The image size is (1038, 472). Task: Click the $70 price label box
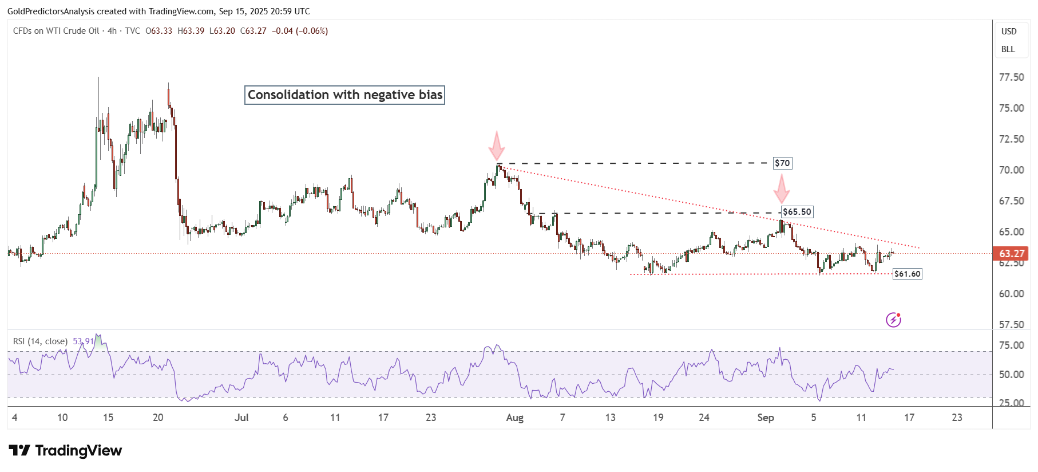[x=782, y=163]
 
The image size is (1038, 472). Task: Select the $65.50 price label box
[x=797, y=212]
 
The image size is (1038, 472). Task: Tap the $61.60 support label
[x=908, y=274]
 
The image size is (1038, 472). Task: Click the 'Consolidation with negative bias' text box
[x=345, y=95]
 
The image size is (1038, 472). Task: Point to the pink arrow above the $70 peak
[x=497, y=146]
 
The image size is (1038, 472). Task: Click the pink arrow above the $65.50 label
[x=782, y=188]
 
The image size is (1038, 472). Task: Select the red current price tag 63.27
[x=1011, y=253]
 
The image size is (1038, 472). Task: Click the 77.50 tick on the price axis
[x=1011, y=77]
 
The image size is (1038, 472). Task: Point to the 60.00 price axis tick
[x=1011, y=294]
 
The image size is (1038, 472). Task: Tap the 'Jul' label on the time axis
[x=241, y=418]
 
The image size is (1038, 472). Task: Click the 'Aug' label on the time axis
[x=514, y=418]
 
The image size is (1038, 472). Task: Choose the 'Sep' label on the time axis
[x=765, y=418]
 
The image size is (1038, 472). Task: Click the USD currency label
[x=1009, y=32]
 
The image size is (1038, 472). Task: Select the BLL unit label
[x=1008, y=49]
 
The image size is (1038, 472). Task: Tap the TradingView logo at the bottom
[x=65, y=451]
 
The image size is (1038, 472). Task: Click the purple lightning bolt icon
[x=893, y=320]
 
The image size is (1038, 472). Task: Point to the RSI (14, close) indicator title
[x=40, y=341]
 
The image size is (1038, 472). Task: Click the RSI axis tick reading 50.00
[x=1011, y=375]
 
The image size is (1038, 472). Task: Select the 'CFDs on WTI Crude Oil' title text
[x=56, y=31]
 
